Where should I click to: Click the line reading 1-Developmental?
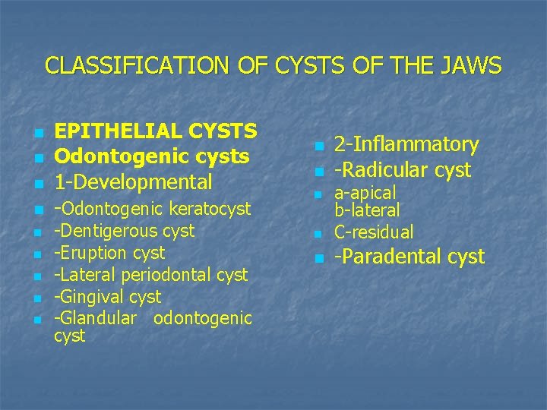pyautogui.click(x=133, y=181)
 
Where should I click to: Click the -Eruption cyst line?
pyautogui.click(x=109, y=252)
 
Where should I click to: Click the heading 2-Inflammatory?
pyautogui.click(x=406, y=144)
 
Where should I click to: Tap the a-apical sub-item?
pyautogui.click(x=365, y=194)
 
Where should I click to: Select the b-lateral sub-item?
pyautogui.click(x=367, y=210)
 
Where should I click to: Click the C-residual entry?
pyautogui.click(x=374, y=232)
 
